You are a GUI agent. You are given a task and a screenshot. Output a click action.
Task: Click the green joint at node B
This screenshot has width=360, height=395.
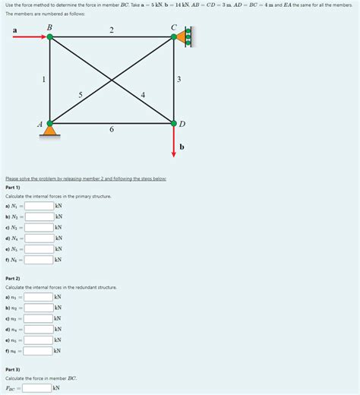50,36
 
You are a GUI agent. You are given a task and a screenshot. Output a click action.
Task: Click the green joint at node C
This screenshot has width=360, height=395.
174,36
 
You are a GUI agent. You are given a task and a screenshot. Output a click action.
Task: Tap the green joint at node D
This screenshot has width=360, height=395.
174,122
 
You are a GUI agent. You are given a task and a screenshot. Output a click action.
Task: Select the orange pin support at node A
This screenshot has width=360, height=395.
50,131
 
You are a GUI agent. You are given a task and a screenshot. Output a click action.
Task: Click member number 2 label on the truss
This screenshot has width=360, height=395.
112,30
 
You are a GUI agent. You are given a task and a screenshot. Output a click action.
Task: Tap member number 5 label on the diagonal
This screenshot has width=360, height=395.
81,95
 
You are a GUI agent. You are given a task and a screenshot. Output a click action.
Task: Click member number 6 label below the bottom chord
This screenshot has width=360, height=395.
112,131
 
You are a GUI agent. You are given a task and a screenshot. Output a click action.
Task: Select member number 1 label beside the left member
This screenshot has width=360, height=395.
43,79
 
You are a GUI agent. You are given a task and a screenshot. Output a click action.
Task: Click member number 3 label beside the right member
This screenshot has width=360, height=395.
178,79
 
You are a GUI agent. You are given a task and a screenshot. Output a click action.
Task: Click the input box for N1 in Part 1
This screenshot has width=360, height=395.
39,206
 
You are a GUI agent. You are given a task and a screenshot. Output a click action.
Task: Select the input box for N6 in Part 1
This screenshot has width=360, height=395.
39,260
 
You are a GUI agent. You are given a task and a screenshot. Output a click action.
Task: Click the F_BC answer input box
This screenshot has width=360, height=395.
36,388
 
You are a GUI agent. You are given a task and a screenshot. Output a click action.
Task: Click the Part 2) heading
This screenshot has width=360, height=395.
13,279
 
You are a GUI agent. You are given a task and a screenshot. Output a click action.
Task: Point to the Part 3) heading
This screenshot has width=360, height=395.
13,369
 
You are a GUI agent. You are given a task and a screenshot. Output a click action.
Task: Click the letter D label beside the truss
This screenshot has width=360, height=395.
182,125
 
